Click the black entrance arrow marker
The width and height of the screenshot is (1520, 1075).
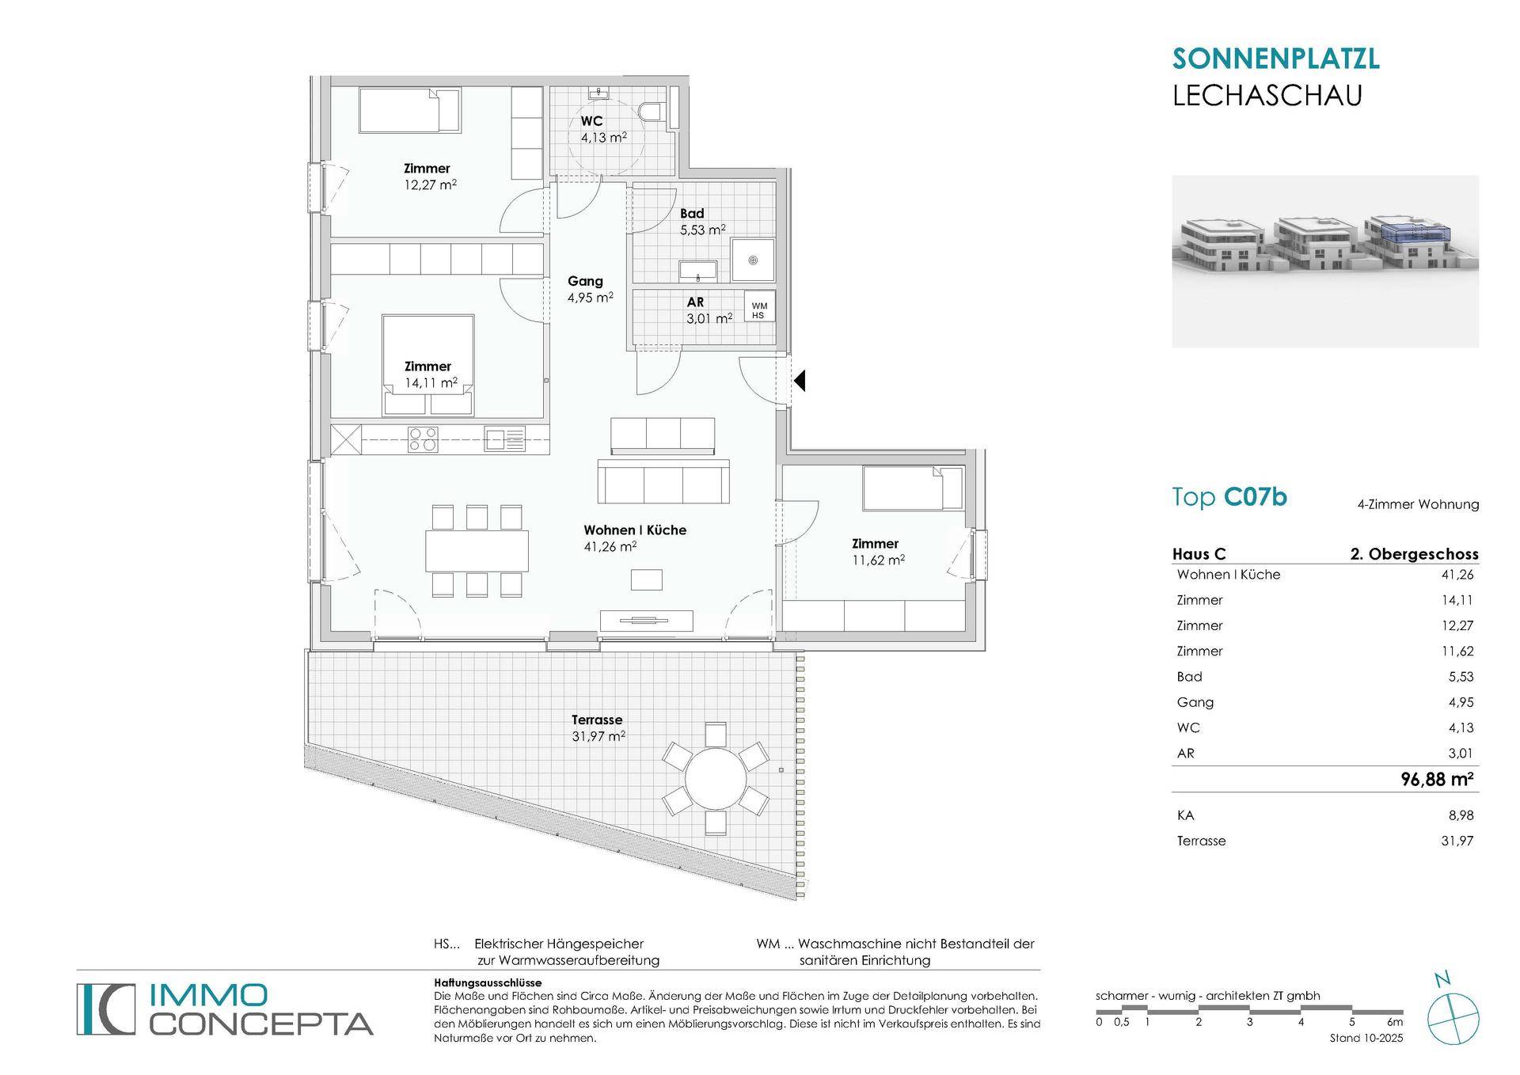(x=800, y=381)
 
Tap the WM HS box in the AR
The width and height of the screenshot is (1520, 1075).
(x=758, y=306)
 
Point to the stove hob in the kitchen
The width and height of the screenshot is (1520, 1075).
(x=423, y=439)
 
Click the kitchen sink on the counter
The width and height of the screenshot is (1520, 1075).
(x=504, y=439)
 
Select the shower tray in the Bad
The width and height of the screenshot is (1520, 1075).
(x=753, y=260)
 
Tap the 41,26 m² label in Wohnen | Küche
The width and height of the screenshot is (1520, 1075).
(x=610, y=546)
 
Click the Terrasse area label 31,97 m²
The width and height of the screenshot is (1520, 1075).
(x=598, y=736)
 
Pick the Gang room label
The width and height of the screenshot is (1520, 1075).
(x=585, y=281)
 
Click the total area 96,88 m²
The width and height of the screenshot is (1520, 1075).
(x=1437, y=779)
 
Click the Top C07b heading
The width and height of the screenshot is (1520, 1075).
(x=1229, y=497)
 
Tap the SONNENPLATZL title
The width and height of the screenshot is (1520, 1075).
(x=1275, y=59)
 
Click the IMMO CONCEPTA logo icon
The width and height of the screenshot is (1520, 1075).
(x=106, y=1009)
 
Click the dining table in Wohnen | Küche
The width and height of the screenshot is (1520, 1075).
(x=477, y=551)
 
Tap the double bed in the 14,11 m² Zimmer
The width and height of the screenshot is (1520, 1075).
(x=428, y=365)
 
